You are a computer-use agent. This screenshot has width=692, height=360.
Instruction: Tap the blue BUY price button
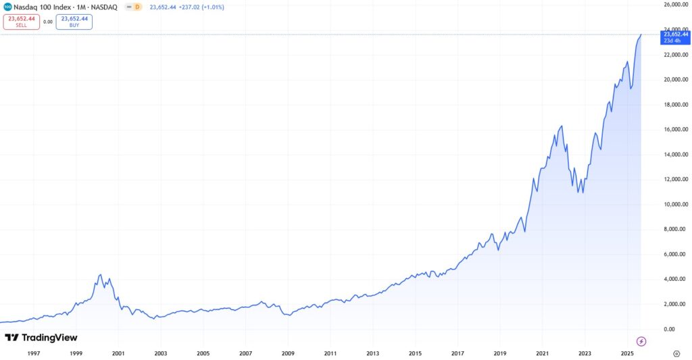[74, 22]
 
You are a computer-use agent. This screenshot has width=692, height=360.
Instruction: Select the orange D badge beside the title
[137, 7]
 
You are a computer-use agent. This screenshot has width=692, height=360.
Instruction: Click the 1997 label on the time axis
[34, 353]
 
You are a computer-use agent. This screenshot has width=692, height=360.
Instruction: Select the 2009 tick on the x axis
[288, 353]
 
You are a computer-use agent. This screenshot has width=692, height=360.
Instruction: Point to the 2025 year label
[626, 353]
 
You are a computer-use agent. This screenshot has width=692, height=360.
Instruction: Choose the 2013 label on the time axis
[372, 353]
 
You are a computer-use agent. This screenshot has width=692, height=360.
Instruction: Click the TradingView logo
[41, 338]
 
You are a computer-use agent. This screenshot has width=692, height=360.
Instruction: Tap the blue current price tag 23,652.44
[676, 37]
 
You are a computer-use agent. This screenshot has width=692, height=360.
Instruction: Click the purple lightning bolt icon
[641, 341]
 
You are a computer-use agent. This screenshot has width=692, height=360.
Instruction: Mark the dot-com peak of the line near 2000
[100, 274]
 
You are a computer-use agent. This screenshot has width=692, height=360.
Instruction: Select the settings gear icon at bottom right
[676, 353]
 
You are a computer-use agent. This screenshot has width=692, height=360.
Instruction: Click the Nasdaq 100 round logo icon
[7, 7]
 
